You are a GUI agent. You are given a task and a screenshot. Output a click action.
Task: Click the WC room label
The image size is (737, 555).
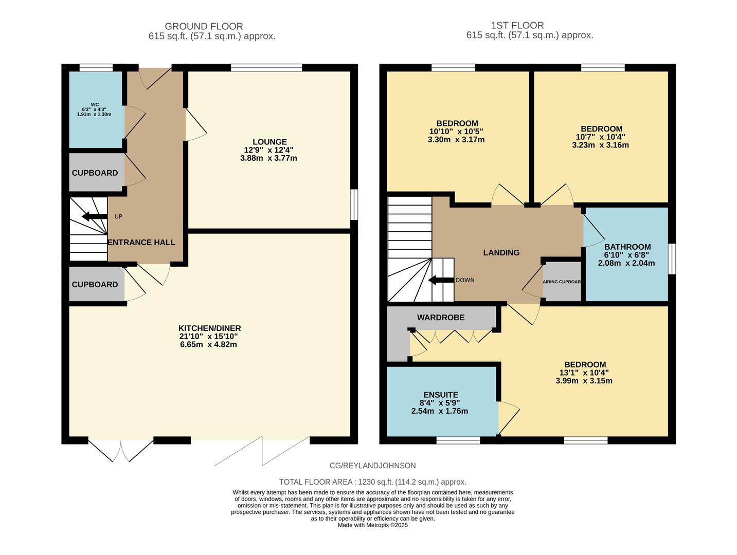point(95,104)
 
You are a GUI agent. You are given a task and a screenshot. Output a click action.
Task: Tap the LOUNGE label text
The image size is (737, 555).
point(269,142)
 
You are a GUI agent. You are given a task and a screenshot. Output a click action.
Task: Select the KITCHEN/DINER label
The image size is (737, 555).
point(209,328)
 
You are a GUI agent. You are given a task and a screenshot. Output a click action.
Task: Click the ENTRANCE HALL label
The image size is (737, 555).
point(141,243)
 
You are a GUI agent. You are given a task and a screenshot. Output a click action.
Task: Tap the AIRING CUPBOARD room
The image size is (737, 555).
point(562,282)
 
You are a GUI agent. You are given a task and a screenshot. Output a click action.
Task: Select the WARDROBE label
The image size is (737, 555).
point(441,318)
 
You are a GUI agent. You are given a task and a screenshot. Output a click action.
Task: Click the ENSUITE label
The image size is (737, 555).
point(440,395)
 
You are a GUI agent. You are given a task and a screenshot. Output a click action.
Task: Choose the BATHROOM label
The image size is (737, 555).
point(627,247)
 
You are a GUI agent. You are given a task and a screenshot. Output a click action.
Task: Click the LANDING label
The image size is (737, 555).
point(501,253)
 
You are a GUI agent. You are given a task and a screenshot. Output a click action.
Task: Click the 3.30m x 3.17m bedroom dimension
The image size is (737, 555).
point(456,140)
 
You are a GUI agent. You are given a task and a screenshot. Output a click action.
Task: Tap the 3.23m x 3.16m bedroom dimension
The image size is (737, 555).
point(601,145)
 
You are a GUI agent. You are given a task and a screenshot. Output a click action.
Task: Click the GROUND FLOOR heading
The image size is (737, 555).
point(204,26)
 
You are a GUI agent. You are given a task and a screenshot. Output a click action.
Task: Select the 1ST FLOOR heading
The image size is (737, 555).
point(517,25)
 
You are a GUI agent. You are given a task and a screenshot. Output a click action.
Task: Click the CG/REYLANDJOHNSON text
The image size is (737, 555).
point(373,466)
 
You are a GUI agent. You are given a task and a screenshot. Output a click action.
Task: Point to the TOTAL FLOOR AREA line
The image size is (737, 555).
point(373,482)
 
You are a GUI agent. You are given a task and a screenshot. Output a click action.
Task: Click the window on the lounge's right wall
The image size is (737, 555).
point(354,205)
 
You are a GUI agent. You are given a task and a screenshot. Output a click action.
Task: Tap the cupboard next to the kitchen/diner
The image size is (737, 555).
point(95,285)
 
